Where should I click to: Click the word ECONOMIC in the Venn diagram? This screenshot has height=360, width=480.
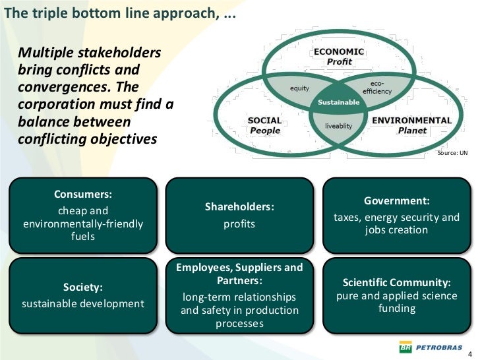(x=338, y=51)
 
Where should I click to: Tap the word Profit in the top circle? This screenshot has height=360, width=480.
(x=340, y=61)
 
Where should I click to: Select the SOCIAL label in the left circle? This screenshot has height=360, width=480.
(x=264, y=121)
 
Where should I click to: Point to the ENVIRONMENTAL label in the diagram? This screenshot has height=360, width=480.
(x=412, y=121)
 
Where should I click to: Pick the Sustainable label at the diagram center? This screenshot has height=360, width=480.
(x=339, y=102)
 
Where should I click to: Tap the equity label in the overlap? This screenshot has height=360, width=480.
(x=300, y=88)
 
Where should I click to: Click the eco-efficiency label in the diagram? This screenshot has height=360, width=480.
(x=376, y=88)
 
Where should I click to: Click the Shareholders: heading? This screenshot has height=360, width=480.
(x=239, y=207)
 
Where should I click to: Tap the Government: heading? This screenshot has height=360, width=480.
(x=397, y=200)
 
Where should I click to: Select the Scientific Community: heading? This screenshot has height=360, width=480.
(x=397, y=282)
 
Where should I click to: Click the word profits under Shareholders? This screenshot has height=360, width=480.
(x=239, y=224)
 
